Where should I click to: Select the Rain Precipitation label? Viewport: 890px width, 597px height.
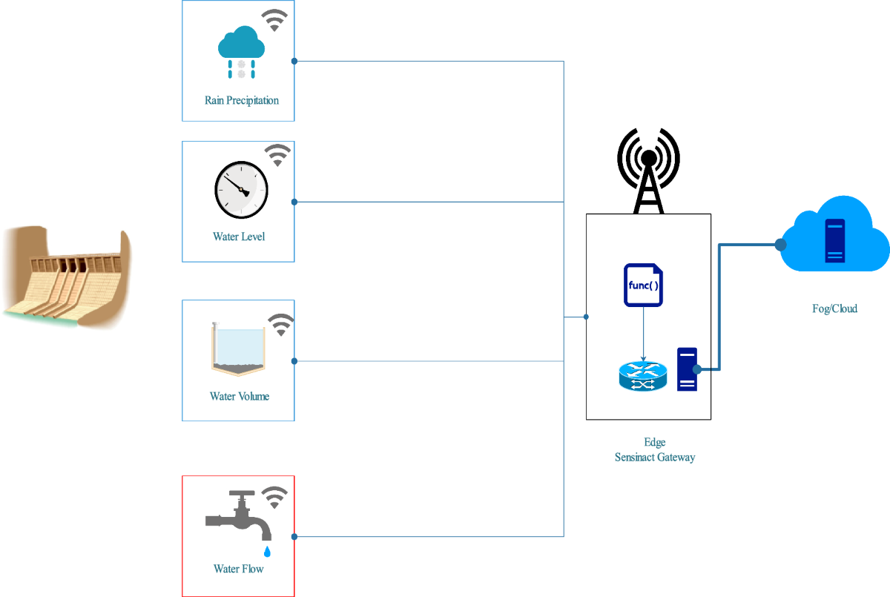click(242, 100)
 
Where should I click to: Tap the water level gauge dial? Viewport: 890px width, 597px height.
click(241, 190)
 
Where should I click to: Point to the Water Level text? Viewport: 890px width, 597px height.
click(239, 237)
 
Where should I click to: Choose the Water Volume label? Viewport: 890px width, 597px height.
click(239, 396)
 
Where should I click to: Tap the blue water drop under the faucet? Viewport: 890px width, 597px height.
click(267, 551)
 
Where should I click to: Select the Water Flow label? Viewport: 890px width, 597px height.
click(239, 569)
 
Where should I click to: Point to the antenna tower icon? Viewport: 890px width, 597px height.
click(648, 171)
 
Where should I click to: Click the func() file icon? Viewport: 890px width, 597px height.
click(643, 285)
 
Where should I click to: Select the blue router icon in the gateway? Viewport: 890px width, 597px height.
click(643, 376)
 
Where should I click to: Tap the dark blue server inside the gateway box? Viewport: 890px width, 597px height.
click(687, 369)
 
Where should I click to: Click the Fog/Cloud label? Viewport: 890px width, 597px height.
click(834, 309)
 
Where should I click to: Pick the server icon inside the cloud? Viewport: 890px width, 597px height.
click(834, 240)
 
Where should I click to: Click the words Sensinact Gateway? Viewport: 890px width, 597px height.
click(655, 458)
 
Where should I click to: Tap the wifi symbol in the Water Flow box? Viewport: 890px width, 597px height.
click(276, 497)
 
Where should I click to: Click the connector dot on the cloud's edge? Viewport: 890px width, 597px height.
click(780, 244)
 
